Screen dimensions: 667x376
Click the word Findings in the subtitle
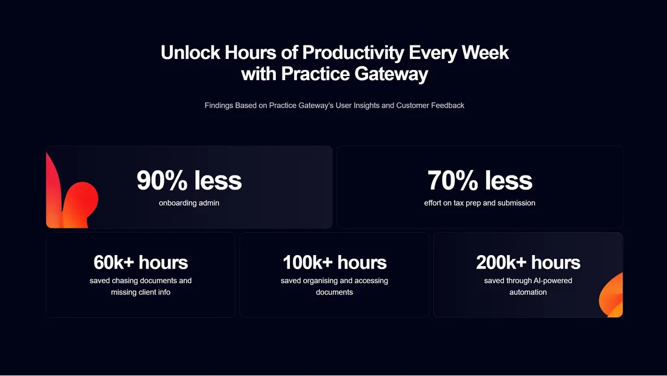point(219,106)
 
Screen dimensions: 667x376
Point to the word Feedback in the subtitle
point(447,105)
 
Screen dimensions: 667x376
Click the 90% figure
point(162,180)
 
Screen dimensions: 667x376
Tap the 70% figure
point(452,180)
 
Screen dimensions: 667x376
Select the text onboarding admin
point(189,203)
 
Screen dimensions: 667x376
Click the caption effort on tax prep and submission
point(480,203)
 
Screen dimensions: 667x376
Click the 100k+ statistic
point(307,262)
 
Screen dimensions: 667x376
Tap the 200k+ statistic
point(501,262)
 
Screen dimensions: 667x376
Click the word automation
point(528,292)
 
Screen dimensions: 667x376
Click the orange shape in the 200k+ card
point(612,296)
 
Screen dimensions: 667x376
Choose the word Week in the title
point(485,52)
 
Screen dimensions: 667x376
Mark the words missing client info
point(141,292)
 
